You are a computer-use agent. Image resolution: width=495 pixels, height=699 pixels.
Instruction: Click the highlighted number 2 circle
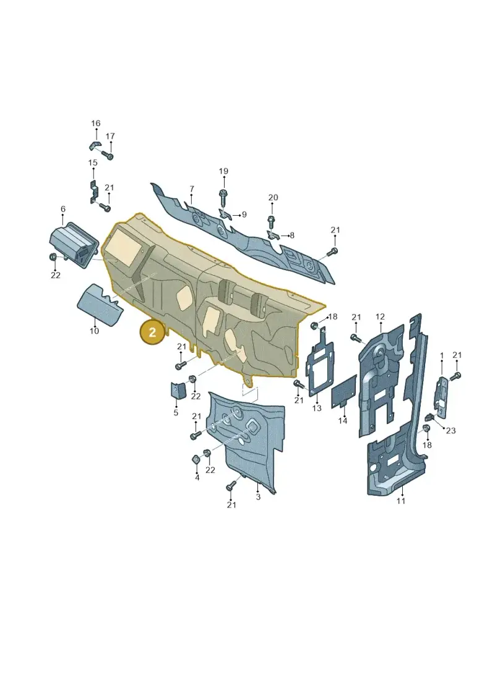(x=152, y=332)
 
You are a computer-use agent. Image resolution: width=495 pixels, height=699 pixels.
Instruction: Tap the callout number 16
(x=96, y=124)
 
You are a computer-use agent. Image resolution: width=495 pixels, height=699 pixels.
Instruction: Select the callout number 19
(x=223, y=171)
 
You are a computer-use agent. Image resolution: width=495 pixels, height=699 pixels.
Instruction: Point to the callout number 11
(x=401, y=501)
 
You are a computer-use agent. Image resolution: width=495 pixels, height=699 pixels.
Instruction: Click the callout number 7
(x=192, y=189)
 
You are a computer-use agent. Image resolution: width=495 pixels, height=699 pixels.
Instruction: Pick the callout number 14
(x=343, y=420)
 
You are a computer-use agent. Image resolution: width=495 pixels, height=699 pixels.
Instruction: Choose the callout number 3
(x=258, y=497)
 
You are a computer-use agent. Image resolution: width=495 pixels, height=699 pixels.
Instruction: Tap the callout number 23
(x=451, y=431)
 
